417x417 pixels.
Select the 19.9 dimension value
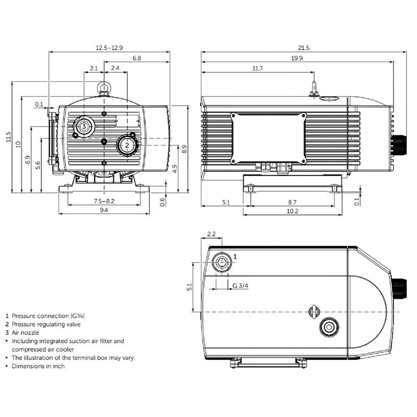(297, 58)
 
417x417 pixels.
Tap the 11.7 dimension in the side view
(258, 69)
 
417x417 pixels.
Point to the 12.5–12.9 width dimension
(109, 48)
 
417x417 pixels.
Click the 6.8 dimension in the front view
(137, 58)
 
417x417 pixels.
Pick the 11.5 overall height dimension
(8, 138)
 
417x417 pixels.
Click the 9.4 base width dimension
(104, 210)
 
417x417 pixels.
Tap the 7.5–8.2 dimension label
(104, 201)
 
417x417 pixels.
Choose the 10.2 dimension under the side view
(292, 211)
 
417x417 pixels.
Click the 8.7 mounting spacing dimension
(292, 202)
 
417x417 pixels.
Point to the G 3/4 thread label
(240, 286)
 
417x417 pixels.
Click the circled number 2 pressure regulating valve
(127, 145)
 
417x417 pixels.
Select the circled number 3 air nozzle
(84, 126)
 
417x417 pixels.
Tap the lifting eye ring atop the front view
(104, 87)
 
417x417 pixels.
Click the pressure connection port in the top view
(221, 263)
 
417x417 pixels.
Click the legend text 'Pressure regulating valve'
(46, 324)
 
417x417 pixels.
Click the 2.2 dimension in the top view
(211, 234)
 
